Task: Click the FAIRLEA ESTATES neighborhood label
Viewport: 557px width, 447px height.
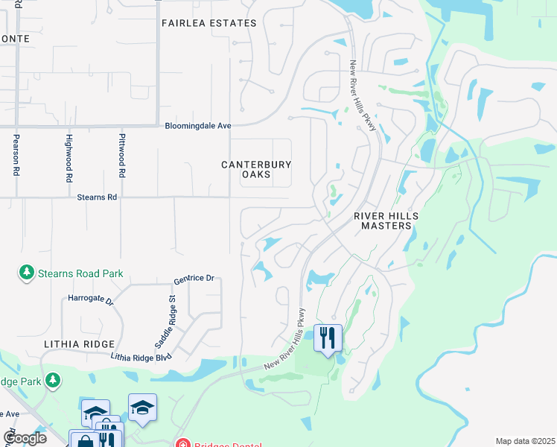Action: coord(209,23)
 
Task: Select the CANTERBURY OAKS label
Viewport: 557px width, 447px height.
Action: coord(255,169)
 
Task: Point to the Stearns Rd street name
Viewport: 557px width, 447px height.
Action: coord(97,197)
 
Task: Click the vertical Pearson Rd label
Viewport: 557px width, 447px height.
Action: coord(16,155)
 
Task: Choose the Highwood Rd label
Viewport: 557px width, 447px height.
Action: coord(69,158)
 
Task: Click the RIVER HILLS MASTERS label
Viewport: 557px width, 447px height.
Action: coord(386,221)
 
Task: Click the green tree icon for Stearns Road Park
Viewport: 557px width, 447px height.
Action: coord(28,273)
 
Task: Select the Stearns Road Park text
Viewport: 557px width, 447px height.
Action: coord(81,273)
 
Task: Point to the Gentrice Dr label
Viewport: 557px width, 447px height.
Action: coord(194,278)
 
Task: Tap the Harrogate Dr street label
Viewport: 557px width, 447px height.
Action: coord(89,302)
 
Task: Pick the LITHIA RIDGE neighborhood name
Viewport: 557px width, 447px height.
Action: coord(79,343)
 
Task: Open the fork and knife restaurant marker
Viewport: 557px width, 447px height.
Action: coord(328,339)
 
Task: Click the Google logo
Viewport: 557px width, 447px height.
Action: coord(25,437)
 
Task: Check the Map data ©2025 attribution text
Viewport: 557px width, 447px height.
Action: coord(525,441)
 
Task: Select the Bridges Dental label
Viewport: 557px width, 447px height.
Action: coord(228,445)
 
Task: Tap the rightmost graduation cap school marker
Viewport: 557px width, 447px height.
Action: coord(142,408)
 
